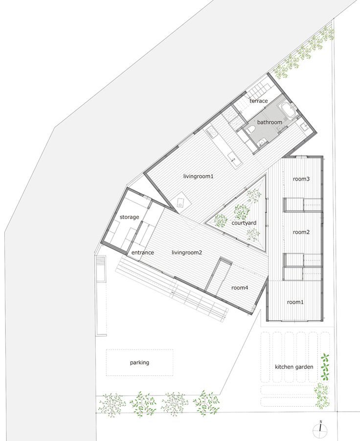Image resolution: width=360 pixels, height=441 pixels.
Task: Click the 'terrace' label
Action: point(258,101)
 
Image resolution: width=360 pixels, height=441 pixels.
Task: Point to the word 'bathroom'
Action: point(270,122)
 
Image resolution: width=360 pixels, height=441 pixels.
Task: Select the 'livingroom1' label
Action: point(198,176)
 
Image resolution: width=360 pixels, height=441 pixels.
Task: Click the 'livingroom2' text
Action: point(187,252)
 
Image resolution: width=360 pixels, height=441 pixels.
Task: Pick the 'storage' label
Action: point(129,217)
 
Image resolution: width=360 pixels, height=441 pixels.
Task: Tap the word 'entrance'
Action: point(142,252)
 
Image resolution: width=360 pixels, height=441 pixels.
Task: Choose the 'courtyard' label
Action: point(244,223)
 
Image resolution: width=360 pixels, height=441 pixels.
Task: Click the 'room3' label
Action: point(301,179)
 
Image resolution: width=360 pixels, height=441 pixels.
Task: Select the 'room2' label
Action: point(301,232)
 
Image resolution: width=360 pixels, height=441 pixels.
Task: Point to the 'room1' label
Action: point(295,302)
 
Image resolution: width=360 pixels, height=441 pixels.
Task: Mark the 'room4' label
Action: point(240,287)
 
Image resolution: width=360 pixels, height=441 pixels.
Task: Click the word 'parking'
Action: point(139,363)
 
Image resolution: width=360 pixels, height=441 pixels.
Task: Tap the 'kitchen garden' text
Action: point(294,367)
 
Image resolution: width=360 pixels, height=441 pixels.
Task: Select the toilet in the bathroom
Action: point(252,129)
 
